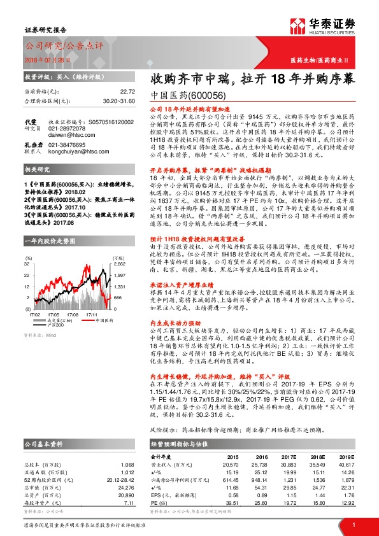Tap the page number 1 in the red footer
pyautogui.click(x=354, y=524)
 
